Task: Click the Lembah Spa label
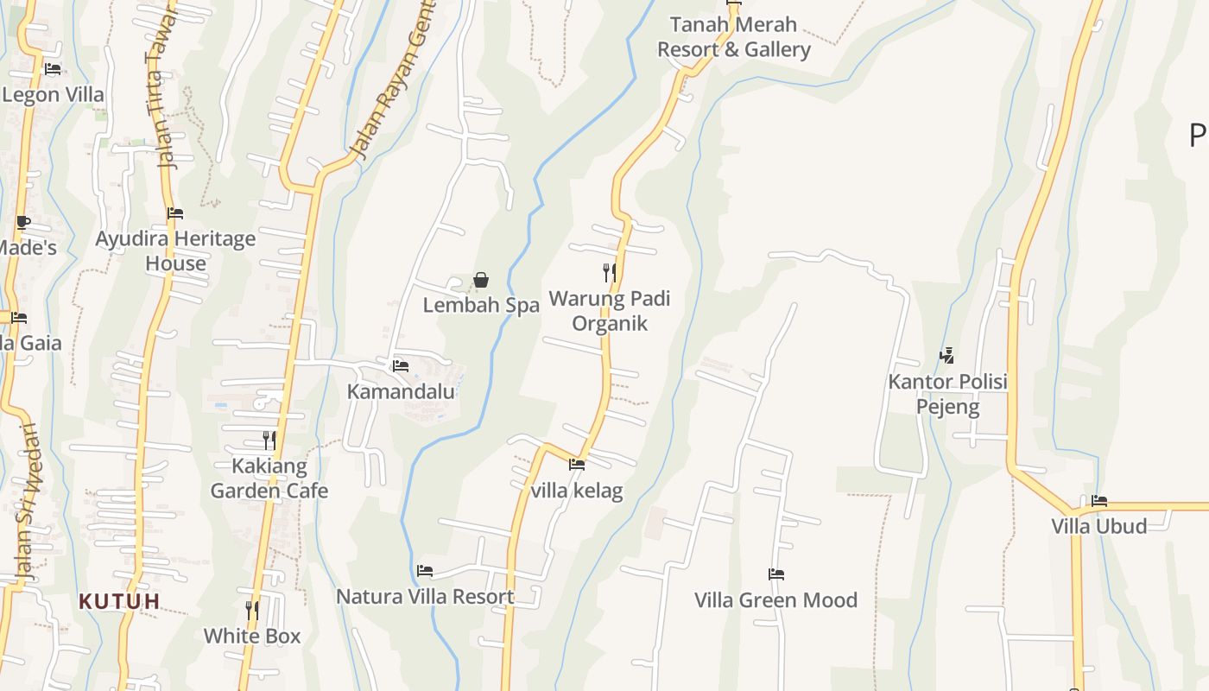click(x=481, y=305)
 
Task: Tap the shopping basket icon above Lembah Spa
click(x=481, y=280)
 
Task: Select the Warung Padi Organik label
click(x=610, y=311)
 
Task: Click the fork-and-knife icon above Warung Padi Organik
click(x=610, y=273)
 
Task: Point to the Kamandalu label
click(x=401, y=391)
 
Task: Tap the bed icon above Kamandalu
click(x=401, y=365)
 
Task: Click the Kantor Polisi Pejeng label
click(x=948, y=394)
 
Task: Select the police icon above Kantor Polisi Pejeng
click(x=947, y=355)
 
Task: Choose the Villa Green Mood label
click(x=776, y=599)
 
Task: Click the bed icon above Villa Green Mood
click(x=776, y=574)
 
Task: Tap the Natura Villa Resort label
click(x=425, y=596)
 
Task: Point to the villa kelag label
click(x=577, y=491)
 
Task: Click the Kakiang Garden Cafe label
click(x=269, y=479)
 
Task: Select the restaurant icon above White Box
click(x=252, y=610)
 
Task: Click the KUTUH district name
click(x=120, y=601)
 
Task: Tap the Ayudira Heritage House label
click(x=175, y=250)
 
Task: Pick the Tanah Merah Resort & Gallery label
click(x=734, y=37)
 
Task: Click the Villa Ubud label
click(x=1098, y=526)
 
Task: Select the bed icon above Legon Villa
click(x=53, y=69)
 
